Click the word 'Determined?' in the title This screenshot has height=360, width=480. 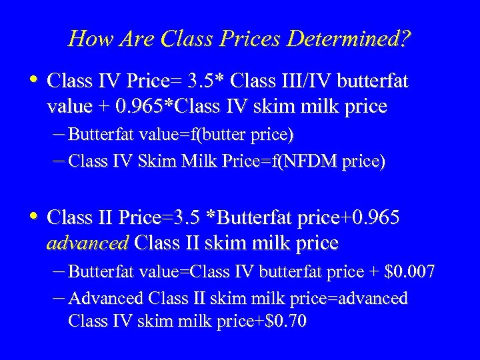click(x=349, y=39)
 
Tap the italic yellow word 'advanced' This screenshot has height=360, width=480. click(x=87, y=243)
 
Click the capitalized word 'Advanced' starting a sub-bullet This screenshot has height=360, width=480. click(x=105, y=298)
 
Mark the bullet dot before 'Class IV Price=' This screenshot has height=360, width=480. click(x=35, y=81)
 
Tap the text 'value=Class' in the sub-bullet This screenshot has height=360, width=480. click(x=176, y=271)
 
